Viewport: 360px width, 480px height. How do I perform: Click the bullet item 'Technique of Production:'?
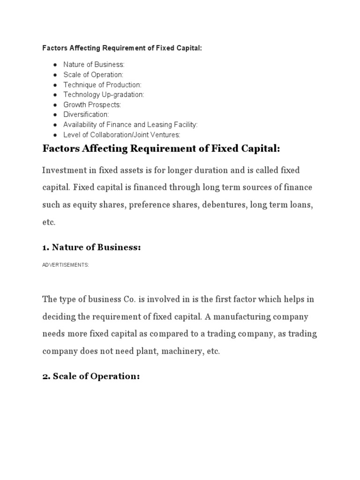(102, 84)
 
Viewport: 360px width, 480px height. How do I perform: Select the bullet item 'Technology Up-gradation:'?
(104, 95)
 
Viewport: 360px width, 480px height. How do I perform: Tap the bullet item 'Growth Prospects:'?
(92, 105)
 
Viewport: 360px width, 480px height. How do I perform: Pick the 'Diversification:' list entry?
(86, 114)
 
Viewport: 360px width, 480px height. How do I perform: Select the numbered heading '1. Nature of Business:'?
(91, 247)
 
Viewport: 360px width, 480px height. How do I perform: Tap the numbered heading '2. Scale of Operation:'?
(91, 376)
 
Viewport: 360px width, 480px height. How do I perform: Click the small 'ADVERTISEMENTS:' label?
(66, 265)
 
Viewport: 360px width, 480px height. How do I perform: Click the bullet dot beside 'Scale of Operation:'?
(55, 75)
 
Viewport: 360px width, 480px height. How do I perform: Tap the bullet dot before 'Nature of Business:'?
(55, 65)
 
